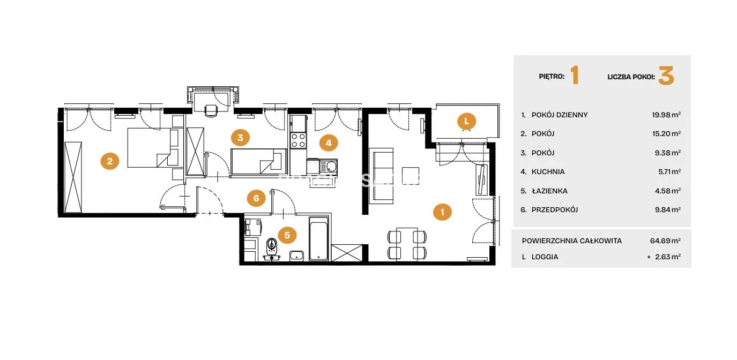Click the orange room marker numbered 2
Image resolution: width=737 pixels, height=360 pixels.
pyautogui.click(x=110, y=161)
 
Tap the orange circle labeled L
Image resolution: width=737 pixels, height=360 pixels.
pyautogui.click(x=466, y=121)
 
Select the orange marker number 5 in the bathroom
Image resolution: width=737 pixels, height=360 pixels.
pyautogui.click(x=287, y=235)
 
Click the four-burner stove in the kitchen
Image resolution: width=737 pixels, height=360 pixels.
pyautogui.click(x=299, y=140)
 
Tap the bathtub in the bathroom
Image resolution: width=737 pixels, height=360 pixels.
pyautogui.click(x=318, y=239)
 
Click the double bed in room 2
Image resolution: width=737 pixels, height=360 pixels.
pyautogui.click(x=153, y=148)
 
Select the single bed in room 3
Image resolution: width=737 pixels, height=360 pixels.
pyautogui.click(x=258, y=161)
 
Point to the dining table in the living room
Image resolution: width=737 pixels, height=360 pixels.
pyautogui.click(x=407, y=244)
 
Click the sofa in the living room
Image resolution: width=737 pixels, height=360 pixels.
pyautogui.click(x=381, y=176)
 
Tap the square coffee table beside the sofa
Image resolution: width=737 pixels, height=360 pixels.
pyautogui.click(x=411, y=176)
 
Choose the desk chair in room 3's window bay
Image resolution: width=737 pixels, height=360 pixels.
pyautogui.click(x=211, y=110)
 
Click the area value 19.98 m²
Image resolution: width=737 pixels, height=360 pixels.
pyautogui.click(x=666, y=115)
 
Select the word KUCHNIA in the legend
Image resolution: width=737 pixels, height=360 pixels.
pyautogui.click(x=548, y=171)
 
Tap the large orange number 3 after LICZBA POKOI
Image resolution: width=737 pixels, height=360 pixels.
pyautogui.click(x=666, y=76)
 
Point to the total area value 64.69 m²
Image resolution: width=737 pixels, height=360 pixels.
pyautogui.click(x=665, y=241)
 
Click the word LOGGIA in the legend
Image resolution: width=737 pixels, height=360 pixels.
pyautogui.click(x=545, y=257)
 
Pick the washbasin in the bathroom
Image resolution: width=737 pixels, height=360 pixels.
pyautogui.click(x=296, y=256)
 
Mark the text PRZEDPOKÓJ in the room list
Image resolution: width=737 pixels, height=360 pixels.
pyautogui.click(x=555, y=210)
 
